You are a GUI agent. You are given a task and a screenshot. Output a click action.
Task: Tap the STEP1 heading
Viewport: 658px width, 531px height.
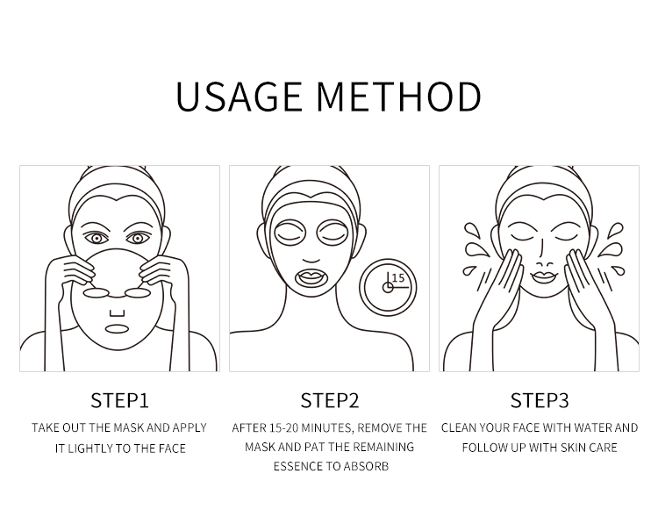click(x=119, y=401)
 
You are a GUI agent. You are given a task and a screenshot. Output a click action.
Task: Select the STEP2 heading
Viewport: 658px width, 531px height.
click(x=330, y=401)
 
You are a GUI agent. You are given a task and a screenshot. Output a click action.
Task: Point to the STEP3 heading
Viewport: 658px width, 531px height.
click(x=540, y=401)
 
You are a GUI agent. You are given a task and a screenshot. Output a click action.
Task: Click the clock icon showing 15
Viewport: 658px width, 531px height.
click(x=388, y=286)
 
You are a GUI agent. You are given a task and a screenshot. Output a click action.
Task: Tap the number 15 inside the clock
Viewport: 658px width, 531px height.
click(x=397, y=278)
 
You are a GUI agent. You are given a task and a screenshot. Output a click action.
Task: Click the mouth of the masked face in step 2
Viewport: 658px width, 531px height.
click(x=311, y=278)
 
